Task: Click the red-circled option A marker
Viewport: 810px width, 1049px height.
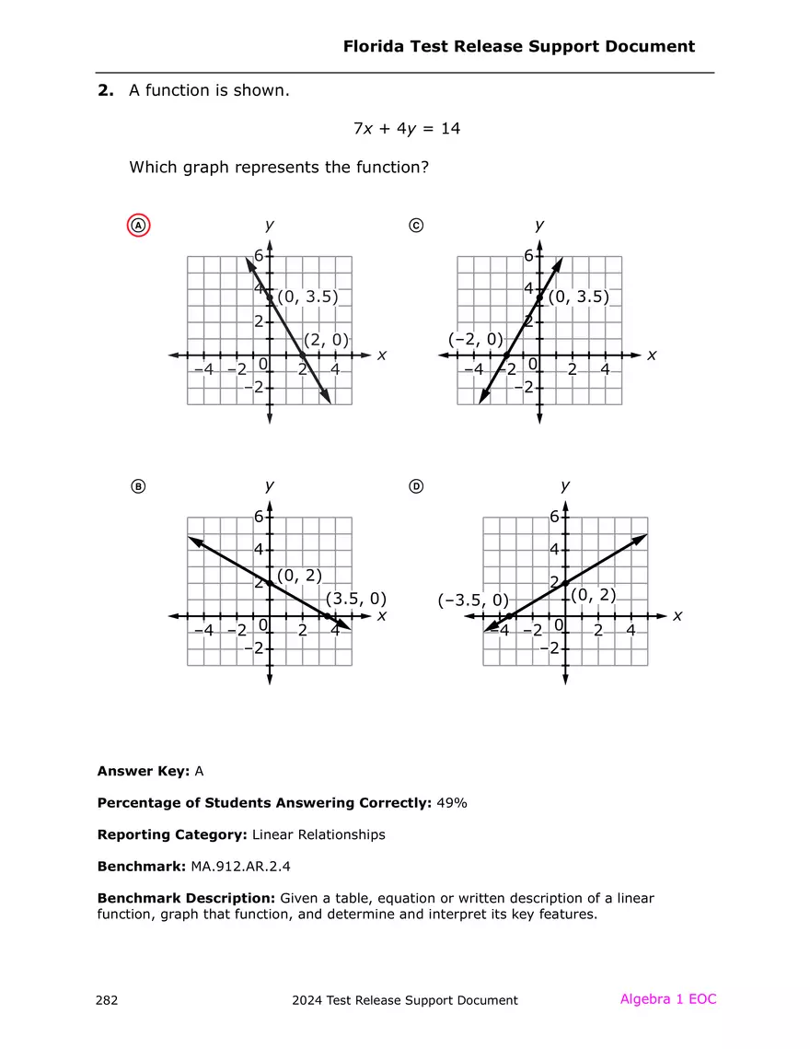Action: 138,226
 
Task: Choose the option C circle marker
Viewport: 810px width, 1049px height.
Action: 416,226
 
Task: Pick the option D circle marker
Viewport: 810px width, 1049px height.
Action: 416,486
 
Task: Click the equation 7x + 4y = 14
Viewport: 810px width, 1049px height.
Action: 406,129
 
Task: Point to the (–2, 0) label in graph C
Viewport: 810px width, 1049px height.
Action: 476,339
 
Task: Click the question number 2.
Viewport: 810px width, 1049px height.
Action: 105,90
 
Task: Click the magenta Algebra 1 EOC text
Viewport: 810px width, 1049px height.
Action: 667,999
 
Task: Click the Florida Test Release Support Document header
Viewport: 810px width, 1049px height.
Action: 518,46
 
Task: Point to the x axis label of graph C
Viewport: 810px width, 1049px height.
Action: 652,355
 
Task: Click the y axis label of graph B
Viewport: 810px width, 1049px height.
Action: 269,485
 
